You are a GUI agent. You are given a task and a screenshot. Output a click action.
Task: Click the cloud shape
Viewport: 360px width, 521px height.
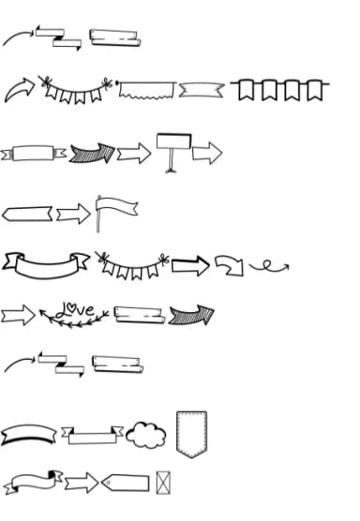coord(144,434)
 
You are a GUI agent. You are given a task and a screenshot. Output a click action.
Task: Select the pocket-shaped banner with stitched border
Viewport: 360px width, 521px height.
coord(191,432)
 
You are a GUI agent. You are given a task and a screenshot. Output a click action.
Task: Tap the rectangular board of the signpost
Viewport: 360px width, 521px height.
coord(173,141)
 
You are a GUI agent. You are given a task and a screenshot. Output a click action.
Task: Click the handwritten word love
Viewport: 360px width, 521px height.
coord(75,308)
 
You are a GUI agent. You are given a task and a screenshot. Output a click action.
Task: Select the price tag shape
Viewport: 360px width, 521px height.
coord(124,483)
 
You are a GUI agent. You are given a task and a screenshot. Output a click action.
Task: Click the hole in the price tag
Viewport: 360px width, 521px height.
coord(108,483)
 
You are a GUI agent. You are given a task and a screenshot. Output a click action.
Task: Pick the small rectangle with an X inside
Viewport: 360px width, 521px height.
coord(164,482)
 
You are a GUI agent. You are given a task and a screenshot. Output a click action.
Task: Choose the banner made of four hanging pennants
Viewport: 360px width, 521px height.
coord(280,90)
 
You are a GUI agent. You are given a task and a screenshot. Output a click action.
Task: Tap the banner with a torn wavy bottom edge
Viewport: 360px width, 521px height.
coord(145,90)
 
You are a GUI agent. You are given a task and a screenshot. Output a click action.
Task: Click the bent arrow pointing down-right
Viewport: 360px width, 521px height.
coord(229,265)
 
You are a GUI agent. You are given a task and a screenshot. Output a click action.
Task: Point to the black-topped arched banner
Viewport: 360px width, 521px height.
coord(29,435)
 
